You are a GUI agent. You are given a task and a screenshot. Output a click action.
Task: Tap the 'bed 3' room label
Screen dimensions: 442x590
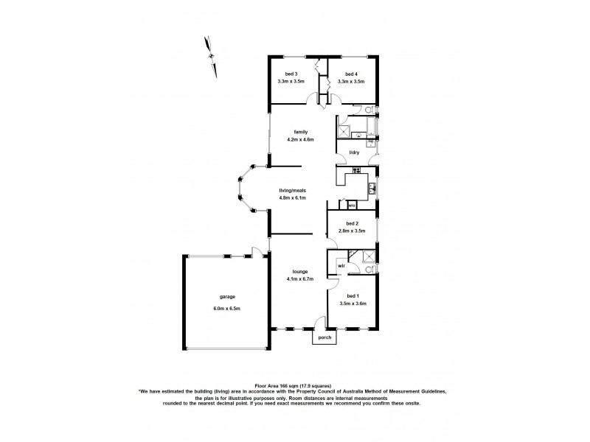291,74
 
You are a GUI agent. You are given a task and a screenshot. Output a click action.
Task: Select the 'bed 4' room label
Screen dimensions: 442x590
351,74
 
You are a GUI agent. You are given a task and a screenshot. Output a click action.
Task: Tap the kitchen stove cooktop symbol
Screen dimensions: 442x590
356,171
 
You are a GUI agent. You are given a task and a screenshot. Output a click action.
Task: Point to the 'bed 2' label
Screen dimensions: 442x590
352,223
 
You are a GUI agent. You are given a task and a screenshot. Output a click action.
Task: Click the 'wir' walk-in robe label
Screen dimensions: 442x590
342,264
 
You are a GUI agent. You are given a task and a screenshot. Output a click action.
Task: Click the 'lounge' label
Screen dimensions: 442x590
299,272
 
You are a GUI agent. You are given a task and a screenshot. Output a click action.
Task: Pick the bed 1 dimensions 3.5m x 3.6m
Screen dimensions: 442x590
352,304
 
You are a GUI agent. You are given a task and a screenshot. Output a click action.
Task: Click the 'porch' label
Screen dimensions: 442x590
324,337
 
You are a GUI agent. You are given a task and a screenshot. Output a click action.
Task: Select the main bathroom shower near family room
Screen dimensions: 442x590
344,131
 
